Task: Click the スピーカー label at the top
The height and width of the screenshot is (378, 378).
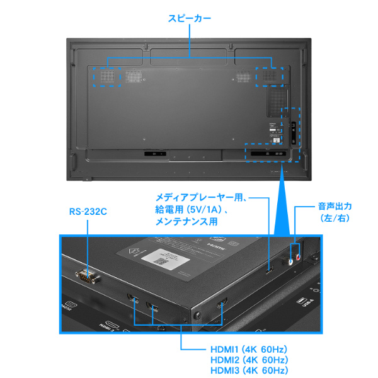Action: point(190,18)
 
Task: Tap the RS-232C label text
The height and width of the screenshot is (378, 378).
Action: point(88,212)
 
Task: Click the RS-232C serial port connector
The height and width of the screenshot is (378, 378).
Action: point(87,276)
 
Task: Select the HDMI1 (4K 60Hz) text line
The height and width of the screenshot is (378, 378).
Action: point(249,349)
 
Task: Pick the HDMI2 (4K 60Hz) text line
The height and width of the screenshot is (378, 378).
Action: point(249,360)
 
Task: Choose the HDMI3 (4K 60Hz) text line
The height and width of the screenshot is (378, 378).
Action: point(249,370)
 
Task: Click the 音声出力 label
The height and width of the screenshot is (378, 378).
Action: point(335,207)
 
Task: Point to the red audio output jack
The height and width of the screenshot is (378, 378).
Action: point(299,258)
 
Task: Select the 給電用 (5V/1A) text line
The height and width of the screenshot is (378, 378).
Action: point(191,209)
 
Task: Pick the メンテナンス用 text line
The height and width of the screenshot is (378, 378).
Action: point(186,221)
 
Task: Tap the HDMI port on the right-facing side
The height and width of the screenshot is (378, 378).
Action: point(222,303)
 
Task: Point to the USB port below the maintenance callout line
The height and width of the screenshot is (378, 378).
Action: point(270,270)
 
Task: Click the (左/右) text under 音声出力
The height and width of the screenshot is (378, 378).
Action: point(335,219)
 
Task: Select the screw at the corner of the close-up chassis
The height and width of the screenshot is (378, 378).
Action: point(197,315)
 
